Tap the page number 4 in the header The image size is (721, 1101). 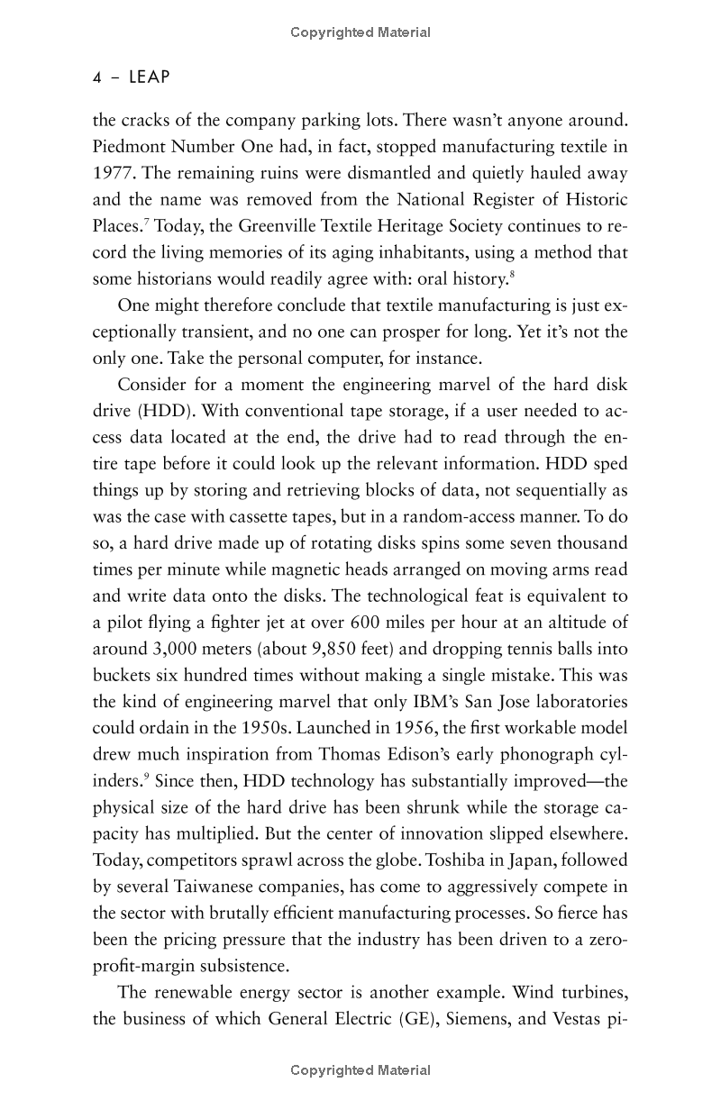pyautogui.click(x=97, y=77)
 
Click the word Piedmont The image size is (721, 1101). pyautogui.click(x=128, y=146)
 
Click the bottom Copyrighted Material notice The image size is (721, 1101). pyautogui.click(x=360, y=1070)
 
